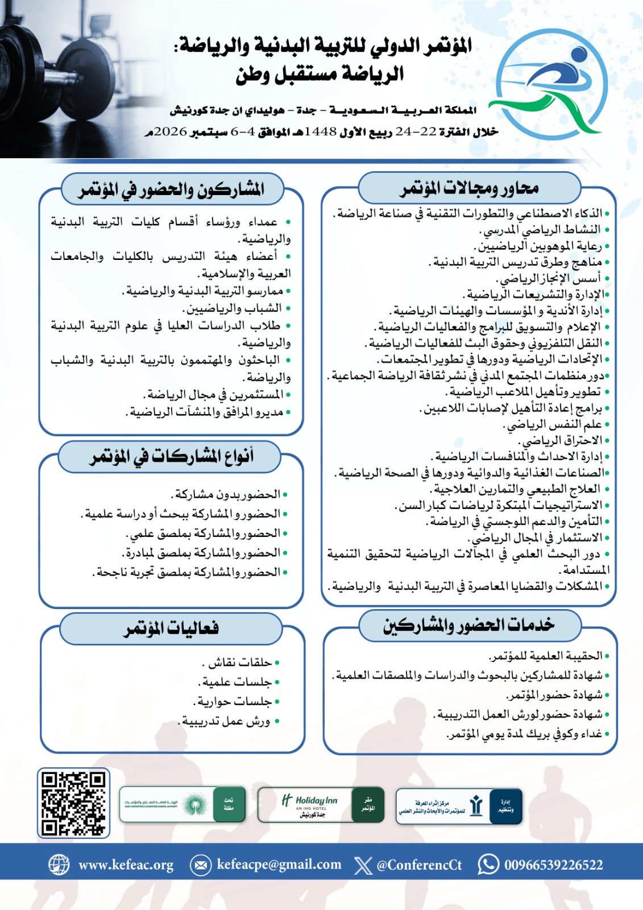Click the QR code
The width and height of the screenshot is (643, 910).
[73, 803]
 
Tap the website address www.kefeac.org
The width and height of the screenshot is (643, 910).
[126, 865]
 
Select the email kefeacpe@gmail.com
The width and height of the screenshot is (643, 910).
[279, 865]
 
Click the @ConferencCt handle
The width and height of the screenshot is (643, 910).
[419, 865]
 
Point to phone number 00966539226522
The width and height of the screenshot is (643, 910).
[553, 865]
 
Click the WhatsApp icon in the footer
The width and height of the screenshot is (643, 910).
[488, 864]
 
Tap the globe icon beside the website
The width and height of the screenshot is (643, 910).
[59, 864]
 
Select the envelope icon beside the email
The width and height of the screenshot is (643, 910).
[200, 865]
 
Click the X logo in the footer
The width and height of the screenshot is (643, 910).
[363, 865]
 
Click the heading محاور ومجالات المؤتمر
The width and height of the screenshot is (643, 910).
[469, 188]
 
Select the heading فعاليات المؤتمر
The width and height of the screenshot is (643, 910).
[171, 628]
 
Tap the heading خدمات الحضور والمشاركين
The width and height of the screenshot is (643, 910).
[468, 626]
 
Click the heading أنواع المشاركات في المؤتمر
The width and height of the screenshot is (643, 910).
[171, 457]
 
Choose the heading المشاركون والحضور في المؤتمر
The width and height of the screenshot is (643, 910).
[171, 189]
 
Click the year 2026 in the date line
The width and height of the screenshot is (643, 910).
[171, 132]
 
